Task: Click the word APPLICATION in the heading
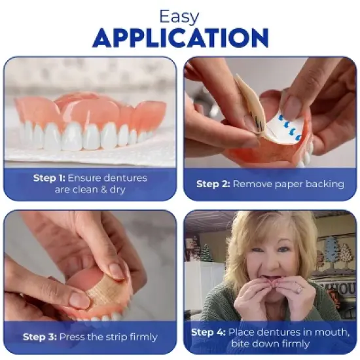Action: point(180,38)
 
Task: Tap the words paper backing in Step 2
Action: point(310,184)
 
